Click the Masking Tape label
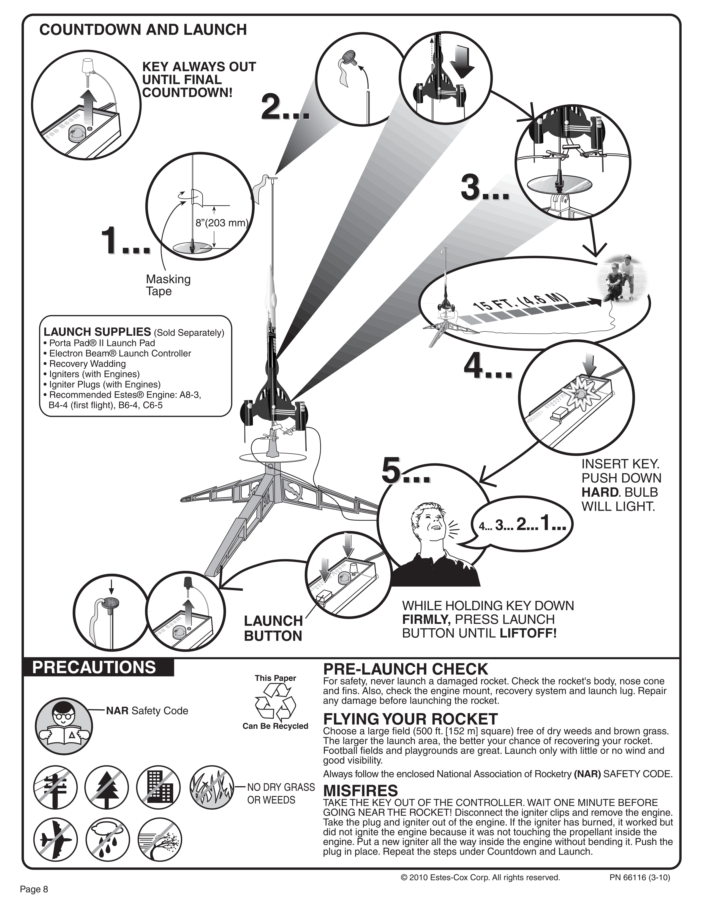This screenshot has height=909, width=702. click(x=168, y=285)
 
